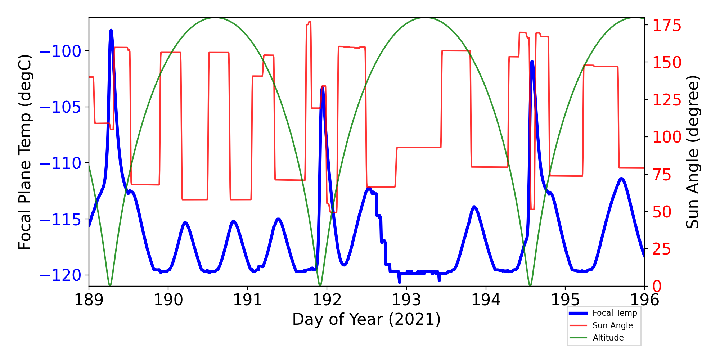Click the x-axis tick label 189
click(x=89, y=300)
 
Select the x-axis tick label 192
click(x=327, y=300)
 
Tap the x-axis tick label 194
click(x=486, y=300)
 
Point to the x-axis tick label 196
click(x=644, y=300)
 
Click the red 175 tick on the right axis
click(x=667, y=26)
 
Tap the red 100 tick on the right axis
click(x=667, y=137)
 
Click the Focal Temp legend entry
click(x=615, y=313)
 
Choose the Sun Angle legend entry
click(x=612, y=325)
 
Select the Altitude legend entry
click(x=608, y=338)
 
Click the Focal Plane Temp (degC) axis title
click(x=25, y=152)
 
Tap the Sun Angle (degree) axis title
click(x=692, y=152)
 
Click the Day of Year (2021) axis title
click(x=366, y=319)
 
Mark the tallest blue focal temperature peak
click(x=111, y=31)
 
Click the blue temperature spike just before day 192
click(x=323, y=88)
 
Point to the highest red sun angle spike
click(x=309, y=22)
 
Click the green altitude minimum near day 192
click(x=320, y=285)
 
